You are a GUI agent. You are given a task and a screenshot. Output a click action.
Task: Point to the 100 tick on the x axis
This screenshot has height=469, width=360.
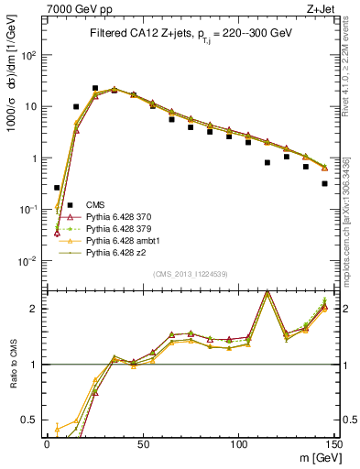[x=238, y=442]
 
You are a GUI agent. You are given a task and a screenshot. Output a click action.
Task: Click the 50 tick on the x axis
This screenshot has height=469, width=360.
[x=142, y=442]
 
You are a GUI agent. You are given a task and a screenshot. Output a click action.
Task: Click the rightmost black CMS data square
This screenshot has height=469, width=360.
[x=325, y=183]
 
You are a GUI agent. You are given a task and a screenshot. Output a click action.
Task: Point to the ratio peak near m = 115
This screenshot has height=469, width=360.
[x=267, y=292]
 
